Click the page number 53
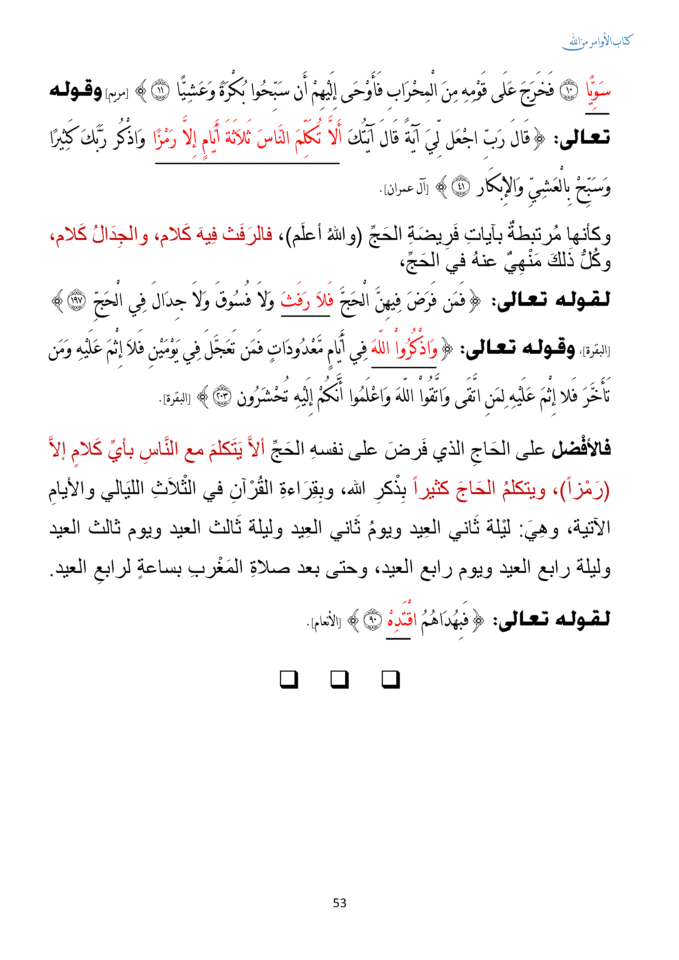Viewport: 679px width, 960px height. (339, 903)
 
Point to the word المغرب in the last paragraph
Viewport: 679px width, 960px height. (218, 567)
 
